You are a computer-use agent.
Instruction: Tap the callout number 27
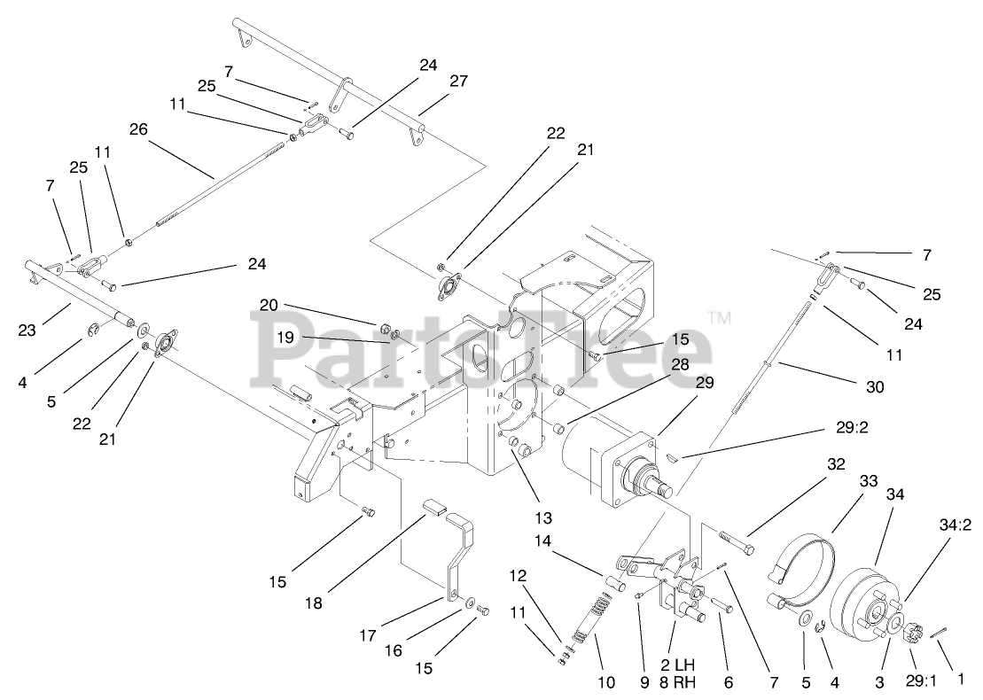[458, 81]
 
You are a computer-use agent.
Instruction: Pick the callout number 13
[542, 517]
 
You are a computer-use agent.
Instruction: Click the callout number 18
[313, 603]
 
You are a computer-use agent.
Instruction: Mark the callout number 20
[269, 305]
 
